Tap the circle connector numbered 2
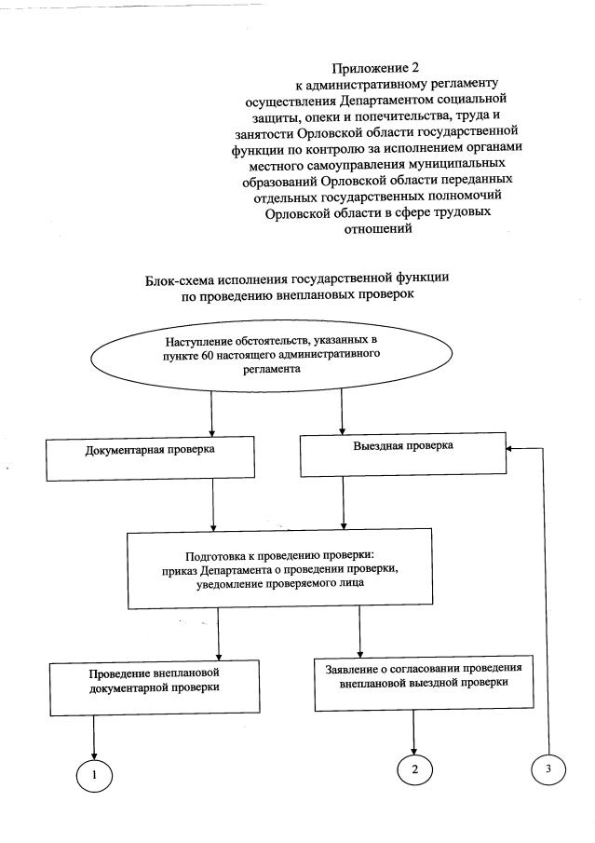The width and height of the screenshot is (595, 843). click(414, 769)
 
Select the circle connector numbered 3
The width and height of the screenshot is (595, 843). click(548, 768)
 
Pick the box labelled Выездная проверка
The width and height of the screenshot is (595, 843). click(401, 455)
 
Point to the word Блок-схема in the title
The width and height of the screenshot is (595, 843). click(181, 279)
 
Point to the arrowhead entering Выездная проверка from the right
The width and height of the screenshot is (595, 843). click(510, 448)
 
